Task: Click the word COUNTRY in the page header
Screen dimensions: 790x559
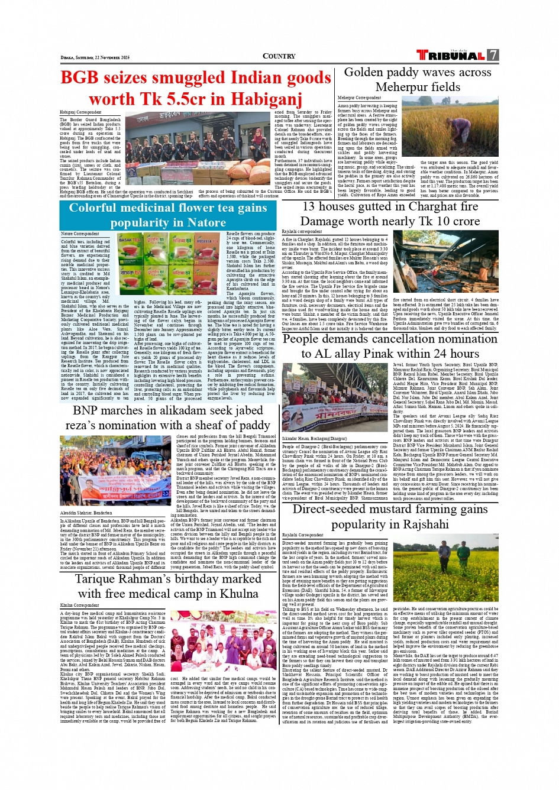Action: [x=279, y=56]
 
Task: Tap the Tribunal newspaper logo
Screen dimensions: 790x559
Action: [x=451, y=56]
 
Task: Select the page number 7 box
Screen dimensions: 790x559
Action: [x=493, y=55]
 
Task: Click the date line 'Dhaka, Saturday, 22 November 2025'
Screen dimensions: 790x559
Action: [x=95, y=57]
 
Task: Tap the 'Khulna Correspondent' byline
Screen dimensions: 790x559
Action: [x=79, y=605]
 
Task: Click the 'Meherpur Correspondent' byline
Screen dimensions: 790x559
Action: [x=359, y=98]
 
